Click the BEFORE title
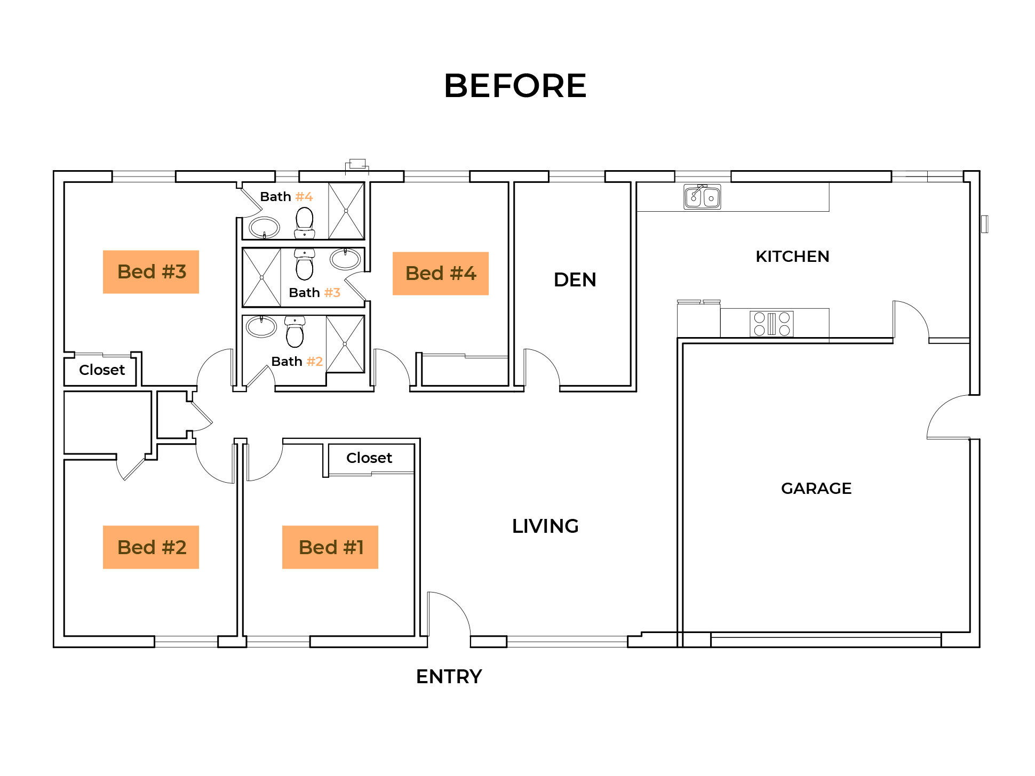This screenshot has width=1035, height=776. click(x=515, y=86)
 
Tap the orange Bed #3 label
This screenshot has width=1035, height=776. click(x=151, y=272)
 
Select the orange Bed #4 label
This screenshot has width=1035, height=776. click(x=441, y=274)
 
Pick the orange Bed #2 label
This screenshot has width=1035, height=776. click(x=151, y=547)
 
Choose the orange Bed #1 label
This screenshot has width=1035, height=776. click(x=330, y=547)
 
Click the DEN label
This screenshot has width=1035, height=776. click(x=575, y=279)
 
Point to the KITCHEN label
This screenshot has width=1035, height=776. click(x=792, y=257)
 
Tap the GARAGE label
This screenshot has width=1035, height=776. click(x=816, y=488)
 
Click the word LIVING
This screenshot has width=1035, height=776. click(x=545, y=526)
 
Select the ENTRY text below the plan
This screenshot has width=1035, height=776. click(x=449, y=676)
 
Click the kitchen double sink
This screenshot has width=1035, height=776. click(x=702, y=197)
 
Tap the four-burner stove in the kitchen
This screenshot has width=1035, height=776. click(x=771, y=324)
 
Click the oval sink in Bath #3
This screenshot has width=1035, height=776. click(x=345, y=259)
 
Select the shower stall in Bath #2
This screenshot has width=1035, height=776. click(x=345, y=344)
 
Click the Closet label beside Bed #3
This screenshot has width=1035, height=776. click(x=101, y=370)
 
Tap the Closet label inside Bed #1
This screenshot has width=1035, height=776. click(x=369, y=458)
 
